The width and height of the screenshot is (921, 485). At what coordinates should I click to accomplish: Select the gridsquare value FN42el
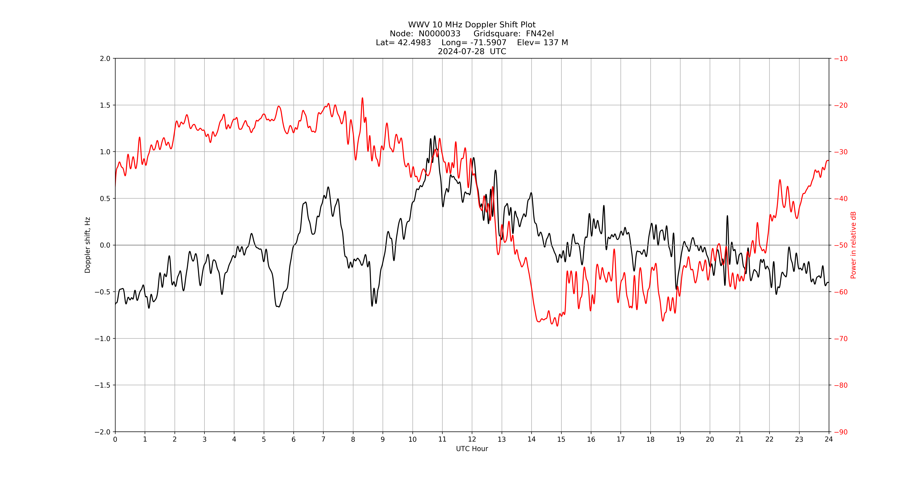pyautogui.click(x=540, y=34)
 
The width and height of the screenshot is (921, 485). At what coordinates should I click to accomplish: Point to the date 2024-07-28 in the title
pyautogui.click(x=461, y=51)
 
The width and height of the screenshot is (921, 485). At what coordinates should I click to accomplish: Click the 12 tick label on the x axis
pyautogui.click(x=472, y=439)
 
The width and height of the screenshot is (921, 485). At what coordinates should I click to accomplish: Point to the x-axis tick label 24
pyautogui.click(x=829, y=439)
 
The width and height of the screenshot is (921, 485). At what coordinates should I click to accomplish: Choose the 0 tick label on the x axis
pyautogui.click(x=115, y=439)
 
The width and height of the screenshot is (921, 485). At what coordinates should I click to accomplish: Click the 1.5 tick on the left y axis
pyautogui.click(x=105, y=105)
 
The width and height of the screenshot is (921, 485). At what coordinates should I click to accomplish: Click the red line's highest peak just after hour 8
pyautogui.click(x=362, y=98)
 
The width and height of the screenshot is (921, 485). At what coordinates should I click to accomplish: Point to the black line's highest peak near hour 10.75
pyautogui.click(x=435, y=136)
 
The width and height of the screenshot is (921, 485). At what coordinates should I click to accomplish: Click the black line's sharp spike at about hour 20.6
pyautogui.click(x=727, y=216)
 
